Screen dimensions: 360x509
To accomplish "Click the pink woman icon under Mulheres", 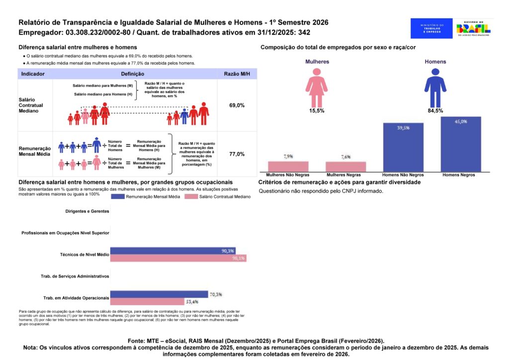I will click(316, 87).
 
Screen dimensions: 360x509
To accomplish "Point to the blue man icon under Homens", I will click(435, 87).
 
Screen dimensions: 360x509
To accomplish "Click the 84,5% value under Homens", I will click(435, 110).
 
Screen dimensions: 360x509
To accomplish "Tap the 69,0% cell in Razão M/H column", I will click(237, 105).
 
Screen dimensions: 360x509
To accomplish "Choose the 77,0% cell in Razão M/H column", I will click(237, 154).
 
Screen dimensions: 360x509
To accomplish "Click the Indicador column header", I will click(33, 74).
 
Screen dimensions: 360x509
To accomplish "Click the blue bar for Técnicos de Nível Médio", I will click(172, 251).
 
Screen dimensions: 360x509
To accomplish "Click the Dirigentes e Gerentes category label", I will click(87, 211).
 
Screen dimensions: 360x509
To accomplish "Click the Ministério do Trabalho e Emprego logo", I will click(431, 28).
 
